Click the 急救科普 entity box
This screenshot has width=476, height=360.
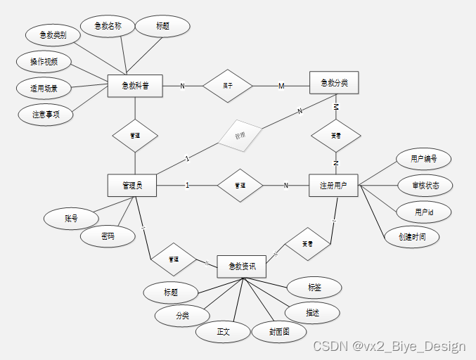(x=135, y=86)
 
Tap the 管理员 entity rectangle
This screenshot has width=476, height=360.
(x=131, y=186)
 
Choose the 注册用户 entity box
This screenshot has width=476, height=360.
(x=334, y=186)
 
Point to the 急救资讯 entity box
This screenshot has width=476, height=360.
(x=242, y=266)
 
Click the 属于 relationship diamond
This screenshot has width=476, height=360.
(x=228, y=86)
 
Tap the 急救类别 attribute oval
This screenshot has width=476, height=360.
(x=53, y=34)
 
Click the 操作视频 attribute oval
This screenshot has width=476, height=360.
(x=44, y=62)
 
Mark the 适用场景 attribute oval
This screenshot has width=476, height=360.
(x=44, y=89)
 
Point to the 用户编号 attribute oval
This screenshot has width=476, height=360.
(x=423, y=160)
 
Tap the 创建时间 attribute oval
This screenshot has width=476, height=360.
(x=411, y=236)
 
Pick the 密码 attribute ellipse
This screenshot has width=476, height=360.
(x=108, y=237)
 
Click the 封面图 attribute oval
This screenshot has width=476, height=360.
(x=278, y=331)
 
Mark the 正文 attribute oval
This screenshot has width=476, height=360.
(x=223, y=331)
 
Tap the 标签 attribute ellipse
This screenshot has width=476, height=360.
(x=314, y=287)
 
